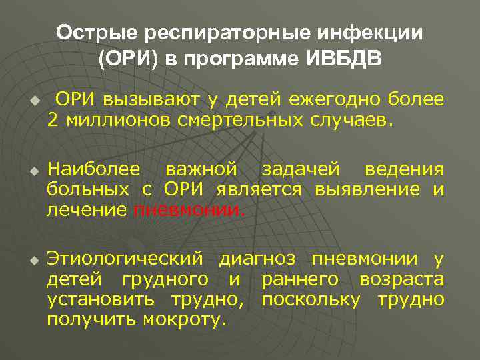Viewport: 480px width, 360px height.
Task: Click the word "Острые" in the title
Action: click(x=90, y=33)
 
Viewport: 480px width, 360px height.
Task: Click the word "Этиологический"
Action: click(x=124, y=259)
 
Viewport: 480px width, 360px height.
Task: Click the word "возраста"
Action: click(x=401, y=279)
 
